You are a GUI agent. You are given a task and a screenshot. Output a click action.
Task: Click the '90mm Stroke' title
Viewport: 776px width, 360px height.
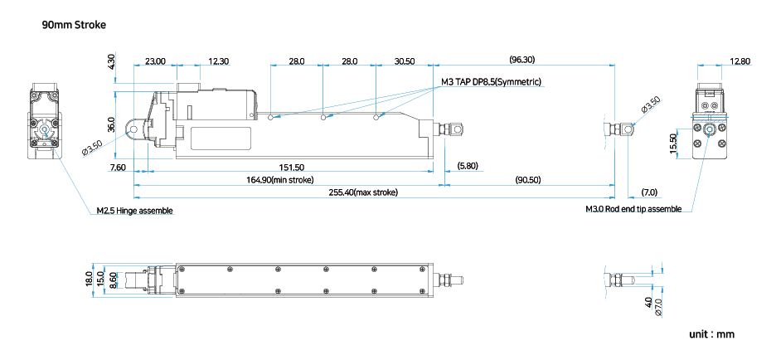point(74,25)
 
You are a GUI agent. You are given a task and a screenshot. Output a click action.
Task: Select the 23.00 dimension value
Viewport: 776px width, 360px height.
point(154,61)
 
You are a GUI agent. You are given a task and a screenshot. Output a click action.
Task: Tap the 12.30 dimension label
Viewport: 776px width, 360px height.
point(219,61)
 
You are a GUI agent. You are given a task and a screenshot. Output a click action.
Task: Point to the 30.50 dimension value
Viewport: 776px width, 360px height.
point(405,61)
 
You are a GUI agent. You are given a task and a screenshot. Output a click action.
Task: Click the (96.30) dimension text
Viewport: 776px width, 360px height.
point(522,60)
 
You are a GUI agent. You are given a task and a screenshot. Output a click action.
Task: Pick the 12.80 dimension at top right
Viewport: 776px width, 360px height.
point(740,61)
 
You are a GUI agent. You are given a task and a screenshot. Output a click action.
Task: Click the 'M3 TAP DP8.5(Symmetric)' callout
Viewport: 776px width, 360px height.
point(491,82)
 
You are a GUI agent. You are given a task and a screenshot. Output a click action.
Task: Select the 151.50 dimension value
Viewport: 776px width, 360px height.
point(293,168)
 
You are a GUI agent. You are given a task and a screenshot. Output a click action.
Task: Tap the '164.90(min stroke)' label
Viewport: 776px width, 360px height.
point(279,180)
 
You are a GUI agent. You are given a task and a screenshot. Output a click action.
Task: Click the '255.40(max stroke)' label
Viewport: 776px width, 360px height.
point(364,192)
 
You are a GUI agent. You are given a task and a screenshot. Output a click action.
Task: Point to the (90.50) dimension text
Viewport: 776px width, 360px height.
point(527,180)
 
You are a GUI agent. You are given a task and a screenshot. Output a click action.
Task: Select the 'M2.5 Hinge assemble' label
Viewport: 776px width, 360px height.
point(134,211)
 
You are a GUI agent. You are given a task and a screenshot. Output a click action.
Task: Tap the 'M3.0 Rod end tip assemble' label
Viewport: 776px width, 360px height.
point(633,209)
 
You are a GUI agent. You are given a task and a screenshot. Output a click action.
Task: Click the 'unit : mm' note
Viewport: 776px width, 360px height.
point(711,335)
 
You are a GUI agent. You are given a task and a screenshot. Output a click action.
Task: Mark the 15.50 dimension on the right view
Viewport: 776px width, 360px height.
point(674,143)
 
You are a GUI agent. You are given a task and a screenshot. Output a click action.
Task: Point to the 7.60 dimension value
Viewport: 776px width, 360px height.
point(118,168)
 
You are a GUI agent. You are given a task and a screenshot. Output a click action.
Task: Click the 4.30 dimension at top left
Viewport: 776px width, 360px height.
point(111,62)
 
